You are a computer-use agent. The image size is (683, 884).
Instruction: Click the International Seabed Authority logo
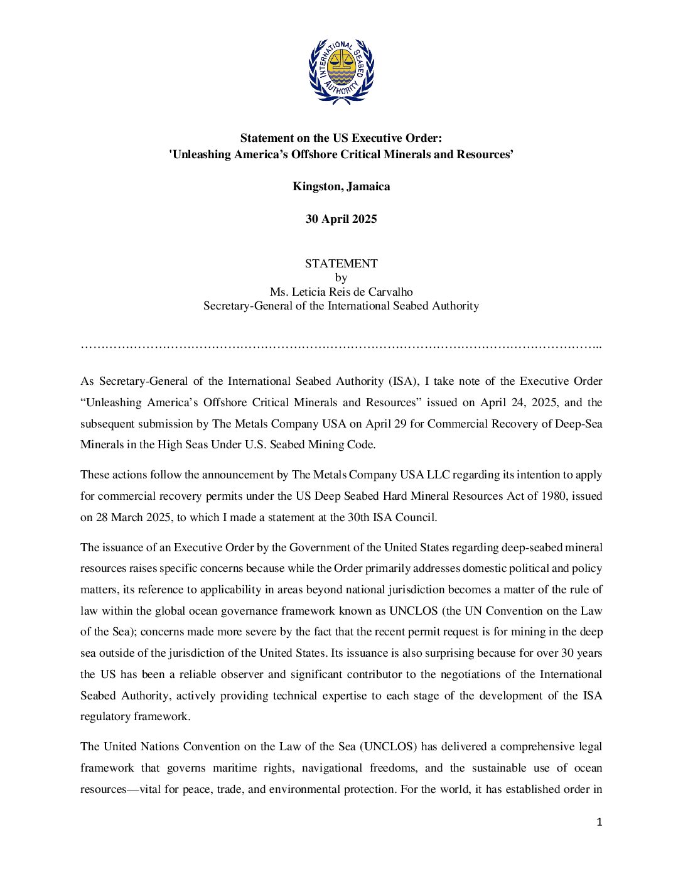341,72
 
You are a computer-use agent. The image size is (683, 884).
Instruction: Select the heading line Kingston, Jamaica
341,186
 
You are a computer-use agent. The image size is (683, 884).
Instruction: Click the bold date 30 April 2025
341,219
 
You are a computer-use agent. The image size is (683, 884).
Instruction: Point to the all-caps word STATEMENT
341,264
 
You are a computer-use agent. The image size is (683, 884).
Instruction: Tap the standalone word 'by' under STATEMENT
341,278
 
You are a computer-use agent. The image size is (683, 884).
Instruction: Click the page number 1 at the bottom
599,822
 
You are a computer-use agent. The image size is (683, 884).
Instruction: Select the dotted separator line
341,346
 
